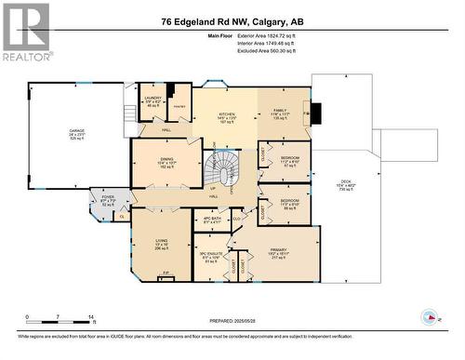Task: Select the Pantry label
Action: tap(179, 107)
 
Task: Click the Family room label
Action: tap(282, 114)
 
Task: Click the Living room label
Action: tap(162, 244)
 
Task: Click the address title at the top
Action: tap(232, 21)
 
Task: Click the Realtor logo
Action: tap(26, 32)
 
